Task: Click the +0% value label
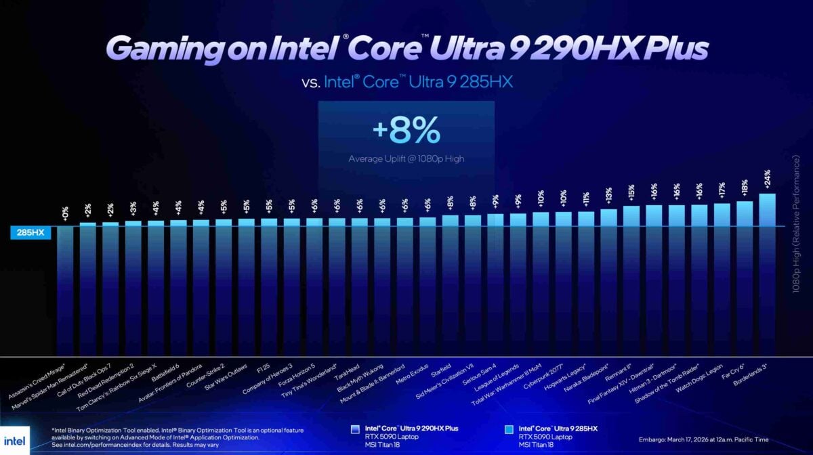click(65, 213)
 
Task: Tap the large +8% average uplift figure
click(406, 132)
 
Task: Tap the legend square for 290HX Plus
click(356, 429)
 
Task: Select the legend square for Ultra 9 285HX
click(509, 429)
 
